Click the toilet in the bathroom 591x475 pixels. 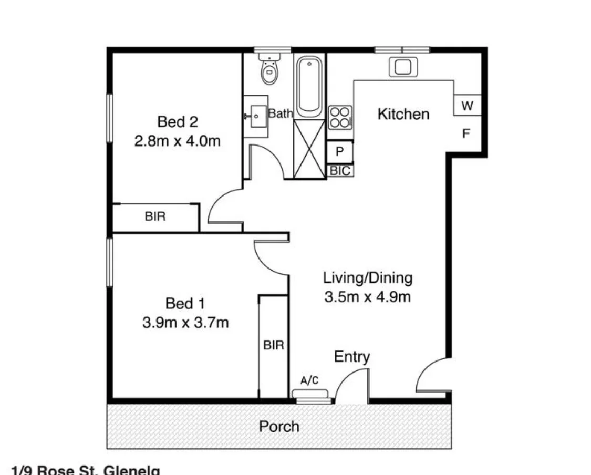click(x=269, y=71)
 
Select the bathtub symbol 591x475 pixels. click(x=309, y=86)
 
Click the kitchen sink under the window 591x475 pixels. click(x=402, y=67)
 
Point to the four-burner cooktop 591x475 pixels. click(x=340, y=117)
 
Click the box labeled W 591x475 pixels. click(x=467, y=106)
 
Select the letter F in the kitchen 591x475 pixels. click(x=465, y=134)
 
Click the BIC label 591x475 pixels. click(x=339, y=171)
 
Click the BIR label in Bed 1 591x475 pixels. click(x=273, y=345)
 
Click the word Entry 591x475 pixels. click(x=352, y=357)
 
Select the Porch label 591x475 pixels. click(x=279, y=426)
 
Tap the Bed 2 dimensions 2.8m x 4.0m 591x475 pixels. click(x=177, y=141)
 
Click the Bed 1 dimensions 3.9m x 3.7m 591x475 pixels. click(x=185, y=322)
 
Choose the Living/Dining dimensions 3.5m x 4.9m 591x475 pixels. click(x=367, y=297)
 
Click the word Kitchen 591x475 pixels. click(x=403, y=114)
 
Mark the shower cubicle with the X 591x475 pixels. click(x=309, y=149)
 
